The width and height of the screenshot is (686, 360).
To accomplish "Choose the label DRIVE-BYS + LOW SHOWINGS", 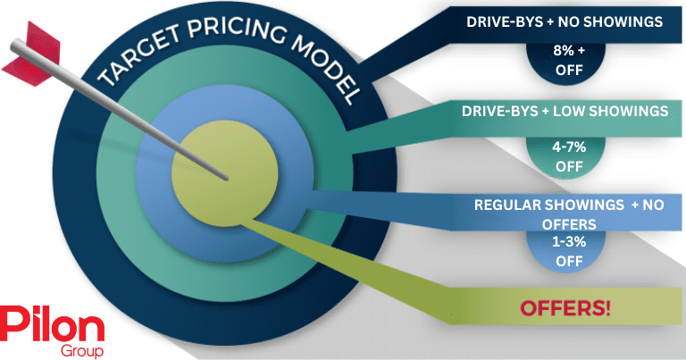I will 565,112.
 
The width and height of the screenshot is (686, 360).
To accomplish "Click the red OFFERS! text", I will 566,308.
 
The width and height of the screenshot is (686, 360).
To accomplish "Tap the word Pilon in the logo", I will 52,322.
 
